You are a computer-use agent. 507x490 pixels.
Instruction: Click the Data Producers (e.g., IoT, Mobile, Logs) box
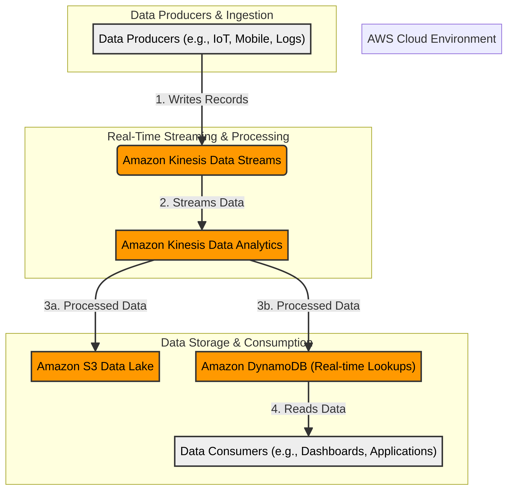202,39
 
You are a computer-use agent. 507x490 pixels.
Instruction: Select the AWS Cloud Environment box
431,39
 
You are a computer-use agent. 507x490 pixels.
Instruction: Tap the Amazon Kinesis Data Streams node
202,160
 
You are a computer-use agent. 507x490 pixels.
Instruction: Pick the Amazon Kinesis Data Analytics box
202,245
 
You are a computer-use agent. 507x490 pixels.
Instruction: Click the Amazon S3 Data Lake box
95,366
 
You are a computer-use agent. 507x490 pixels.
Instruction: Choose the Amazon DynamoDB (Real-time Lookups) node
308,366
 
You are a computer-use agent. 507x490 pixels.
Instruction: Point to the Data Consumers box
308,451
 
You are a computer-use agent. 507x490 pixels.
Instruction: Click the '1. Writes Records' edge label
202,99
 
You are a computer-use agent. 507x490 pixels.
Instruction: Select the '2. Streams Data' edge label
202,202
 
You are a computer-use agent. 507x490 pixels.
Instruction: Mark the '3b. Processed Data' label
308,306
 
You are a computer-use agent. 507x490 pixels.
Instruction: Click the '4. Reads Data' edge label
308,409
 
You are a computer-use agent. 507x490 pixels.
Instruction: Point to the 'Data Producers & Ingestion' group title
202,15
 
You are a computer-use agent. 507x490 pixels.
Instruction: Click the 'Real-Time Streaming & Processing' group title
198,137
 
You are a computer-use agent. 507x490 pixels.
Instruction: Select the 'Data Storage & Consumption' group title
237,343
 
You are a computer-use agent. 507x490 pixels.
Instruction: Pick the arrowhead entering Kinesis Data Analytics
202,225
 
